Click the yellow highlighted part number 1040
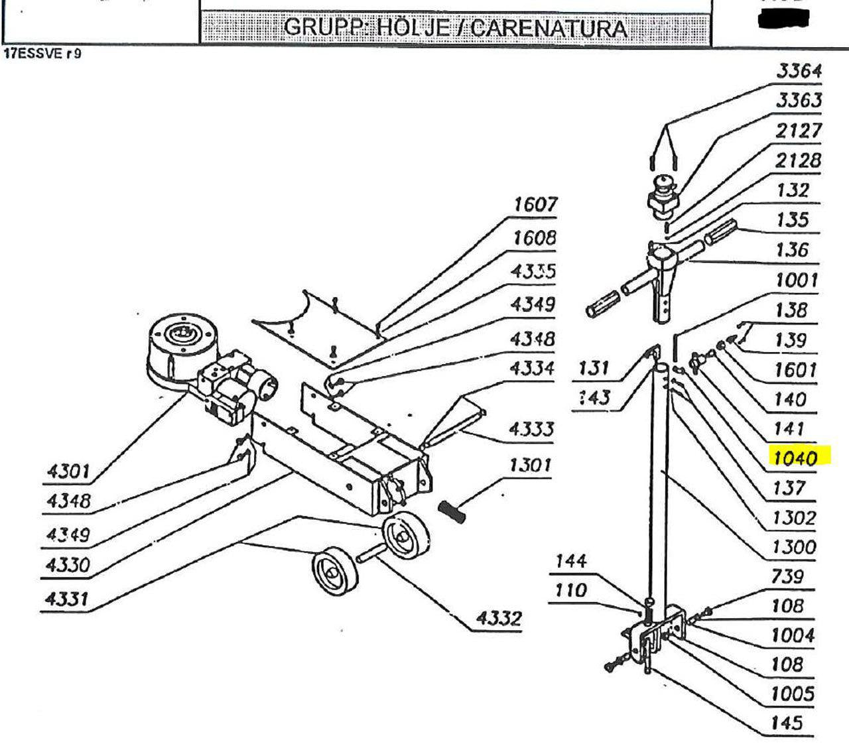[794, 457]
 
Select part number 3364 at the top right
[798, 71]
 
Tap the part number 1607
[535, 205]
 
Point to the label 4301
[68, 471]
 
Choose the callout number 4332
[499, 619]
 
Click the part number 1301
[530, 465]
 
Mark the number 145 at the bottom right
[786, 723]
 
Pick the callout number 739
[787, 576]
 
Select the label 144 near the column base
[570, 561]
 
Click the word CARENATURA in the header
[550, 29]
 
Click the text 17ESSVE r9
[42, 54]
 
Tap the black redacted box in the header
[786, 19]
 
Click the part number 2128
[798, 160]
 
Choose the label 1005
[792, 694]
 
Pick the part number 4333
[530, 429]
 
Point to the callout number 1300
[793, 547]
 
